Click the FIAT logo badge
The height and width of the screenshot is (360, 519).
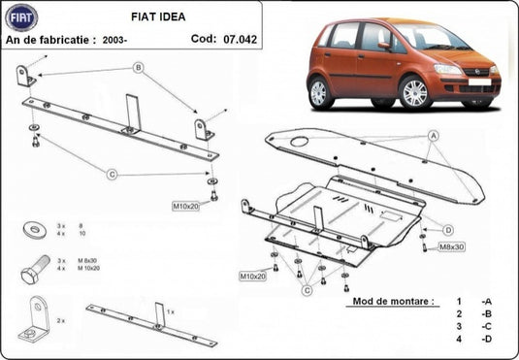coord(20,16)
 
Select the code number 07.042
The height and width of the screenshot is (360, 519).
coord(242,40)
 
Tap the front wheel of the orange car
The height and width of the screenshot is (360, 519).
coord(415,93)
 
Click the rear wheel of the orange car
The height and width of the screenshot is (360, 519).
coord(321,93)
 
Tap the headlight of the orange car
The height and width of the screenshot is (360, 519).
coord(449,70)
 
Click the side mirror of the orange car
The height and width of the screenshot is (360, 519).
coord(385,46)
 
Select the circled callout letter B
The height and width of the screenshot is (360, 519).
coord(139,67)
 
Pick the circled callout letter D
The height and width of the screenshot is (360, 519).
coord(448,230)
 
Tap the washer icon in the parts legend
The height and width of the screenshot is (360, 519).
coord(36,229)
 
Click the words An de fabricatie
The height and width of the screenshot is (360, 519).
coord(50,41)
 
